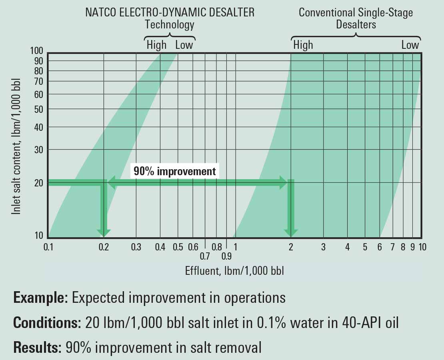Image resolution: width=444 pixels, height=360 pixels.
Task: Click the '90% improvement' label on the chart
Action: click(174, 171)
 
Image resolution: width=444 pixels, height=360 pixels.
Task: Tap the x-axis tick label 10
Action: click(422, 247)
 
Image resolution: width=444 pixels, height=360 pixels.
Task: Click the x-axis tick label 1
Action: click(236, 247)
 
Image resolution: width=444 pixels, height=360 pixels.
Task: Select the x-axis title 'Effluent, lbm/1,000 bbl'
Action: click(234, 271)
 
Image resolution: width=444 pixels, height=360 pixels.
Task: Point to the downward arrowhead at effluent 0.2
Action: click(104, 232)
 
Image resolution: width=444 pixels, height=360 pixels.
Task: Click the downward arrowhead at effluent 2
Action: click(291, 232)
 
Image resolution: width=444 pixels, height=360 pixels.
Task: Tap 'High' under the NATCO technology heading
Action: click(156, 45)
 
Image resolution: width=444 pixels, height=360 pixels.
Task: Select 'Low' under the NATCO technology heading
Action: click(184, 45)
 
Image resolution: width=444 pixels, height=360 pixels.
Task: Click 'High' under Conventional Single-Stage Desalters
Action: click(303, 45)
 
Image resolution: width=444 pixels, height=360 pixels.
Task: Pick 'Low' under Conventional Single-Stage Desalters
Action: click(410, 45)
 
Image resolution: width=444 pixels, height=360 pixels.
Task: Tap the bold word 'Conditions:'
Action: click(48, 323)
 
